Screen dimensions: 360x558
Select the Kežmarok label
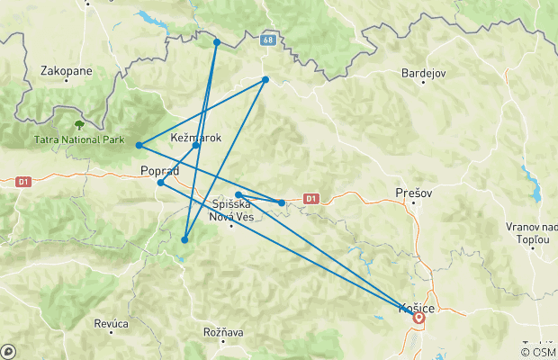(195, 137)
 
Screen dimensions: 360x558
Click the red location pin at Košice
(418, 317)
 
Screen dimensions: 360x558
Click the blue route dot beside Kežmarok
(196, 146)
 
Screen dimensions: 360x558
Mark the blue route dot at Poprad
(161, 183)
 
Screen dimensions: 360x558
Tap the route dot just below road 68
(265, 80)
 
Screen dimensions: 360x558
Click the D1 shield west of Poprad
(24, 182)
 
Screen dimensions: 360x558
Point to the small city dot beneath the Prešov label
(414, 202)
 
